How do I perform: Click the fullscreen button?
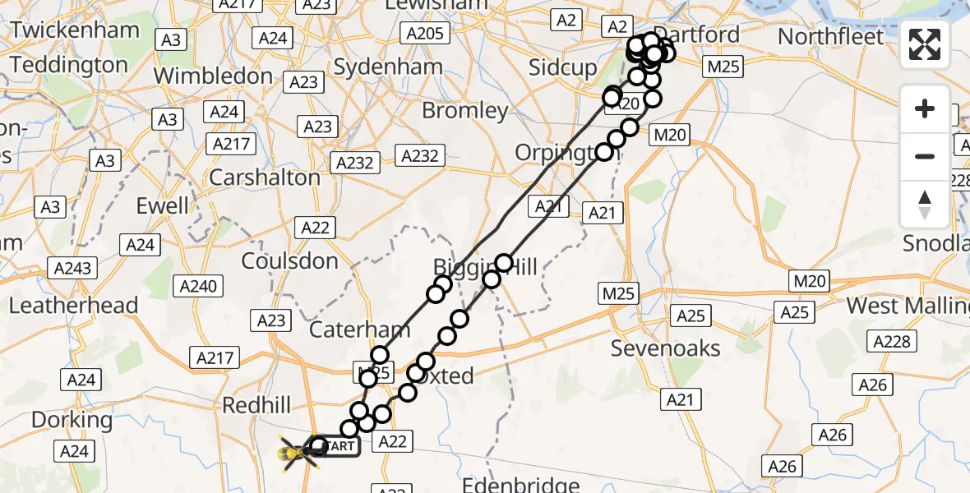coord(925,44)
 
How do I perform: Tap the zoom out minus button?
coord(925,156)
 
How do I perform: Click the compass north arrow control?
coord(925,204)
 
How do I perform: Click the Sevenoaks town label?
coord(665,348)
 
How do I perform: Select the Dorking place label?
coord(72,420)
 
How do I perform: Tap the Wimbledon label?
coord(212,76)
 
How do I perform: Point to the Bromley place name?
coord(464,110)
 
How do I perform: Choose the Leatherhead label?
coord(73,306)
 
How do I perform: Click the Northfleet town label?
coord(831,37)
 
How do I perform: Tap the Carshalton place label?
coord(265,177)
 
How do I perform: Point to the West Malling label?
coord(908,306)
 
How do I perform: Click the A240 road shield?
coord(198,286)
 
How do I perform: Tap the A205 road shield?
coord(424,34)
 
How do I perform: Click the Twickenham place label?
coord(75,30)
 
